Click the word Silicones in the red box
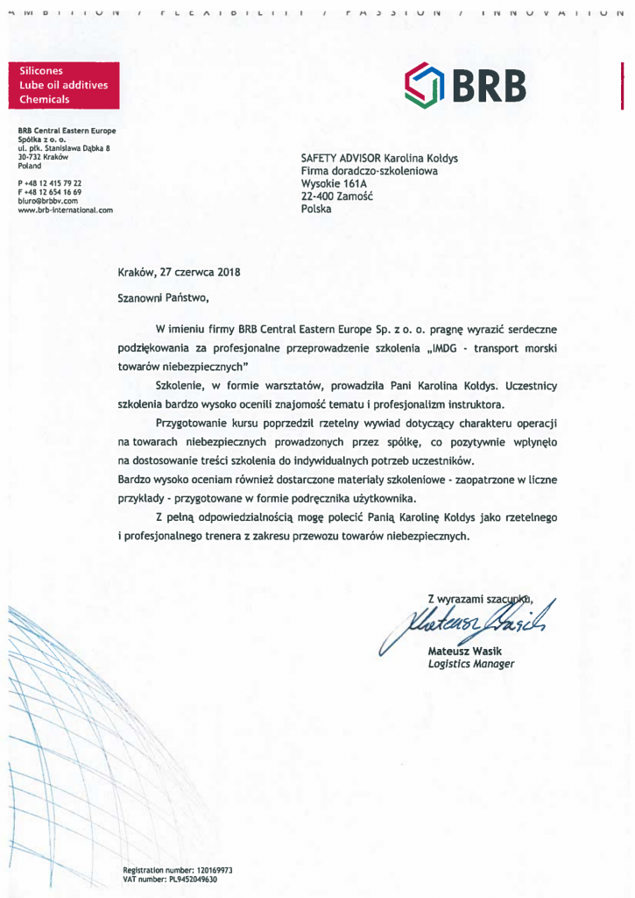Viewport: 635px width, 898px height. [40, 70]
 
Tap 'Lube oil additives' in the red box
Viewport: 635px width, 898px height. [63, 85]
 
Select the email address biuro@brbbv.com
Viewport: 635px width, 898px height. [48, 201]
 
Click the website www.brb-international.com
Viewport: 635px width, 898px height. [65, 210]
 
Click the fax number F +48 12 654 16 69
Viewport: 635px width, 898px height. [50, 191]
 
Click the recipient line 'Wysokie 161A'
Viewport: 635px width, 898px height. [334, 184]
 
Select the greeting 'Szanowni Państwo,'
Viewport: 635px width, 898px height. [164, 298]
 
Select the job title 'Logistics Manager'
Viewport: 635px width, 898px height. [471, 664]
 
